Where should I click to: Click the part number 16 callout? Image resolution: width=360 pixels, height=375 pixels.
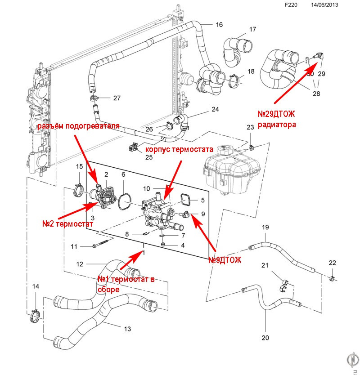tap(219, 25)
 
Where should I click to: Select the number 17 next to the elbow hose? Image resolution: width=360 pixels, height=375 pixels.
tap(252, 30)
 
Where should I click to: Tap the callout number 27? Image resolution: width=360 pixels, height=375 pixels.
tap(117, 98)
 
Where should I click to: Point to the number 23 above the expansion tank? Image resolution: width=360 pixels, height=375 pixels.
tap(250, 128)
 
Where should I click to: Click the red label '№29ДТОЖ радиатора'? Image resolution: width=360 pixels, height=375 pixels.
tap(277, 120)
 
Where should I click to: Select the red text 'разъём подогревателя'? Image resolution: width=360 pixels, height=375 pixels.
tap(78, 126)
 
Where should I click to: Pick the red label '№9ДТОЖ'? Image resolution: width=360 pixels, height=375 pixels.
tap(225, 260)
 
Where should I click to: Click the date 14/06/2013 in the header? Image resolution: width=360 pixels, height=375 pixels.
tap(325, 6)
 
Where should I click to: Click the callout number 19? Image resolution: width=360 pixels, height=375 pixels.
tap(265, 228)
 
